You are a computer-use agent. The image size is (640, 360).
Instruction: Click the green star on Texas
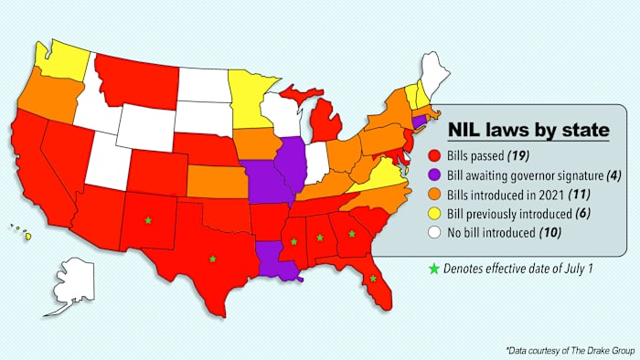(213, 259)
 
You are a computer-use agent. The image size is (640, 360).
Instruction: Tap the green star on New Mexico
(147, 219)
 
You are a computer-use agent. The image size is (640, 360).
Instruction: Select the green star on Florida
(373, 279)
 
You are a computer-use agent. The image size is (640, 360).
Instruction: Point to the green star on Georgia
(352, 234)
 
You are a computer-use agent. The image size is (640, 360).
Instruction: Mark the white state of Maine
(438, 71)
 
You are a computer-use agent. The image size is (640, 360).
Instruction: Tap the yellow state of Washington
(62, 60)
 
